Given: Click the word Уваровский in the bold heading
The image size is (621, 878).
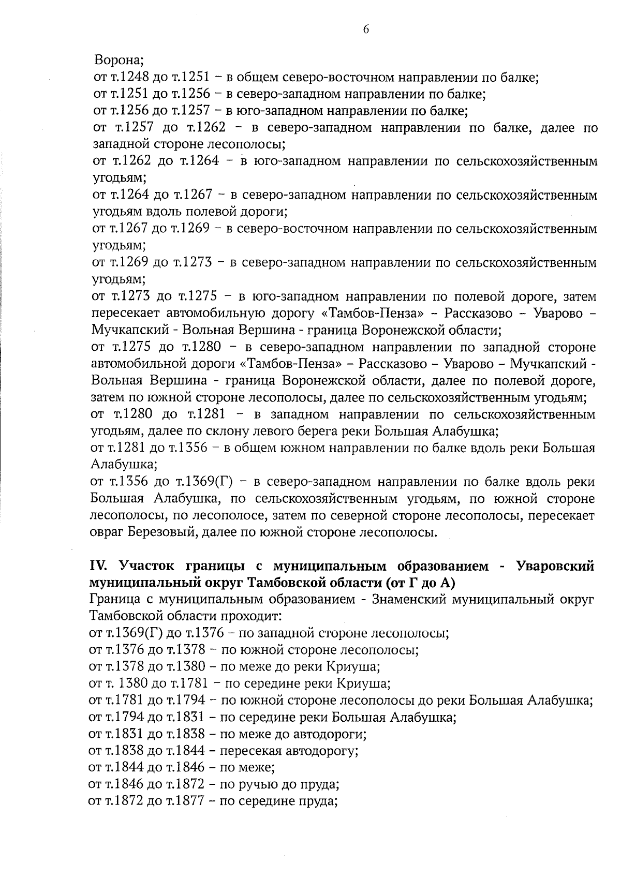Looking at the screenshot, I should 555,566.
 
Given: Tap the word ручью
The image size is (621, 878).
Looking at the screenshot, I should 256,784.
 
